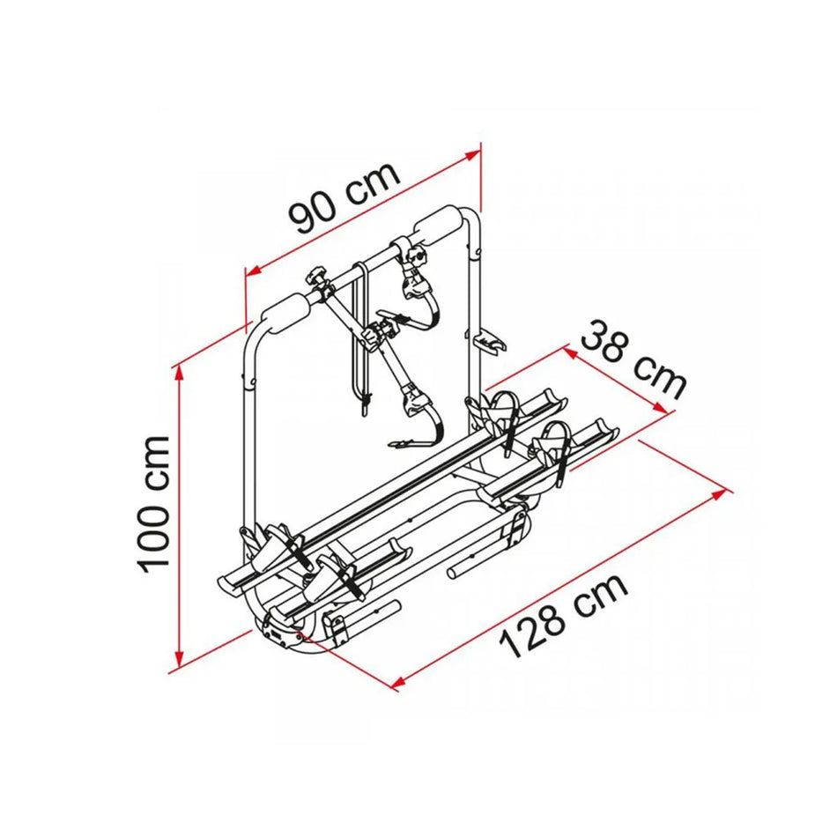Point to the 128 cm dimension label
tap(564, 614)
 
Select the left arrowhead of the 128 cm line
tap(397, 679)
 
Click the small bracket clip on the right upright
tap(490, 340)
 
